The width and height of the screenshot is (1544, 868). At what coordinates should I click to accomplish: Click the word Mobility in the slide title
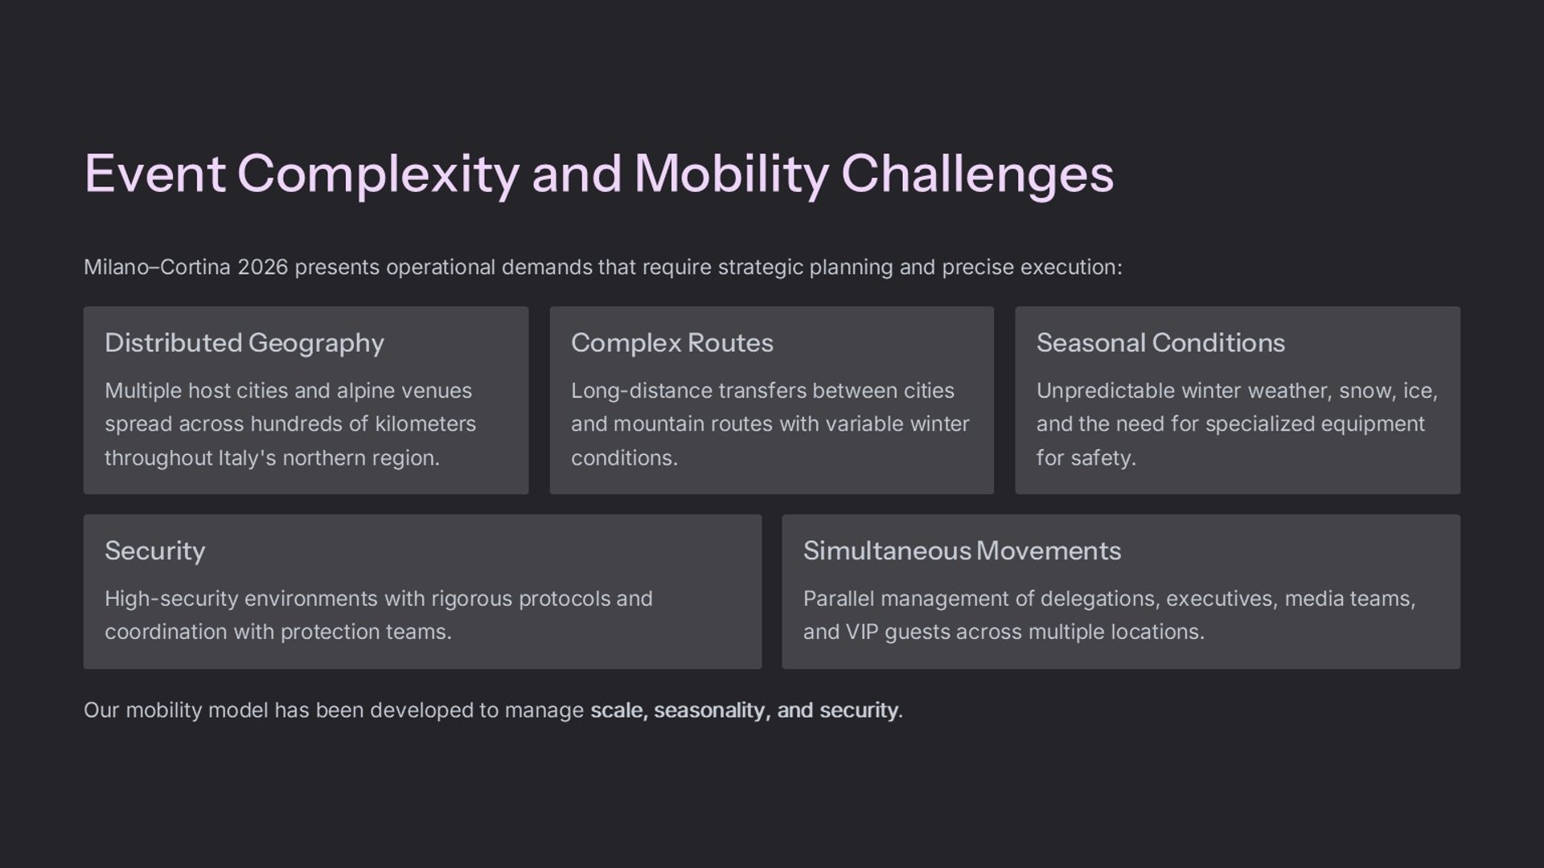[731, 174]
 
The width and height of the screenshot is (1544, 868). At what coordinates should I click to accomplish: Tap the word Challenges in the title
[978, 174]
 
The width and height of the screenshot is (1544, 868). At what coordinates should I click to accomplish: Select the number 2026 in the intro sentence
[262, 267]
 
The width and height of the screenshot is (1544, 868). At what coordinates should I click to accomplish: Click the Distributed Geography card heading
[244, 343]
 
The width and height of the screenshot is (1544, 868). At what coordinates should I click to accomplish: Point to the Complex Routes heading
[672, 343]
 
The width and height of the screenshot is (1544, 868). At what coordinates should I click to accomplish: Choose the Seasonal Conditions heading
[1160, 343]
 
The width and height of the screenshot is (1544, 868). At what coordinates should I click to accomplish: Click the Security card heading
[155, 551]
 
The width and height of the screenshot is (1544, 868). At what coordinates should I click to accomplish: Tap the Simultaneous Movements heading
[962, 551]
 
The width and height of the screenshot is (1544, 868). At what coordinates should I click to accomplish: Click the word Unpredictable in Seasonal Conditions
[1106, 391]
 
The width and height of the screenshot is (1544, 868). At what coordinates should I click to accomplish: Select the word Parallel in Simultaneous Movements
[839, 599]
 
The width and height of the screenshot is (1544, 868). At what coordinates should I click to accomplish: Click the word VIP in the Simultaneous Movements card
[862, 632]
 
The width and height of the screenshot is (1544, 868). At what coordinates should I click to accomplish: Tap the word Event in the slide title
[154, 174]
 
